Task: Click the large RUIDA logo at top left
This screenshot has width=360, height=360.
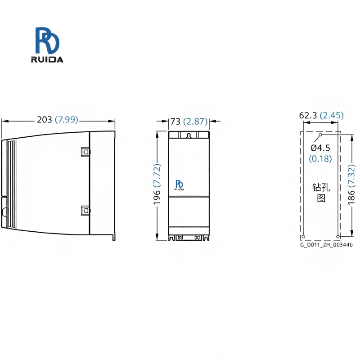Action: coord(47,45)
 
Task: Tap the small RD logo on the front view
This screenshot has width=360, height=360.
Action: coord(179,185)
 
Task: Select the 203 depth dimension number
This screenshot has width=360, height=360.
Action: coord(45,120)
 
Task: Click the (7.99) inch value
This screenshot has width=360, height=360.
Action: coord(67,120)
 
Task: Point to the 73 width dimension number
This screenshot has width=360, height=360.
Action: coord(175,121)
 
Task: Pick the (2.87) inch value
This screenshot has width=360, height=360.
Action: coord(195,121)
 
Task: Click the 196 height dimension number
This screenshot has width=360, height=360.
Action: coord(157,197)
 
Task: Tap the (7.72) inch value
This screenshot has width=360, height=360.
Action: coord(157,175)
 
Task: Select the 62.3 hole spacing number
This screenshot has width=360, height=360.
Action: coord(308,115)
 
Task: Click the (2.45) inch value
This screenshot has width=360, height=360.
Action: coord(332,115)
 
